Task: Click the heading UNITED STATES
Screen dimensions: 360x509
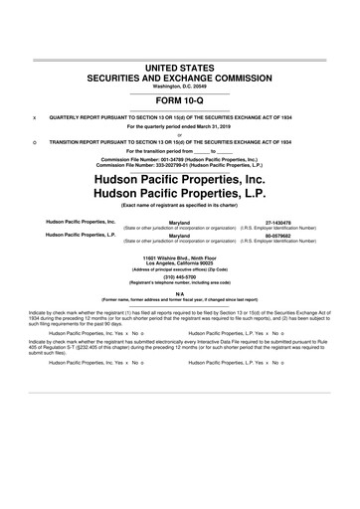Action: pyautogui.click(x=180, y=66)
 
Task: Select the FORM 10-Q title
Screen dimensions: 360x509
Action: pyautogui.click(x=180, y=100)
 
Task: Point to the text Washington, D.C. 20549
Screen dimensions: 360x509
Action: pyautogui.click(x=180, y=85)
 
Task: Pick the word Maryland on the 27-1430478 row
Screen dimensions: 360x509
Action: pyautogui.click(x=180, y=224)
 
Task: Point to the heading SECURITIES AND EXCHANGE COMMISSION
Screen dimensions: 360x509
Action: pyautogui.click(x=180, y=77)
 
